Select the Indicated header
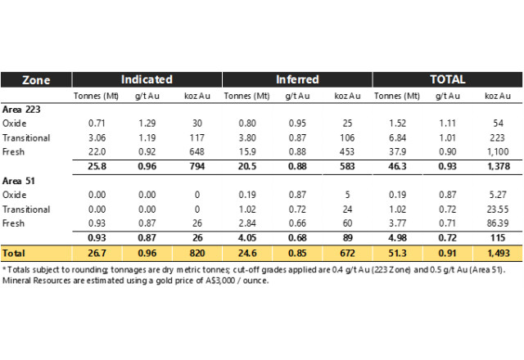147,79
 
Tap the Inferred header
296,79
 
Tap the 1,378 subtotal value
493,166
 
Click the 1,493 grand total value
493,253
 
